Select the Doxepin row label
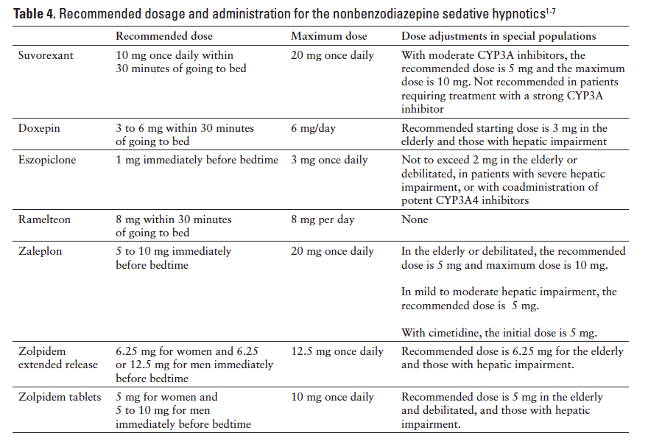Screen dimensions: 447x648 39,128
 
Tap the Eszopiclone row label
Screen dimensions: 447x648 46,161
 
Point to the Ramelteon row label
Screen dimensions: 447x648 44,219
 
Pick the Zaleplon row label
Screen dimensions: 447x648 40,251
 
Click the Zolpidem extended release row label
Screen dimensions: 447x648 57,358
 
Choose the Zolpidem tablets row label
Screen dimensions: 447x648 60,398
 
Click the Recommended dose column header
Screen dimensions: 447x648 164,36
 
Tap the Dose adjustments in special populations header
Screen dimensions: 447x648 499,36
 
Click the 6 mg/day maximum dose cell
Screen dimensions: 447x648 313,128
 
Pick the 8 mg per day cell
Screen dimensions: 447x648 322,219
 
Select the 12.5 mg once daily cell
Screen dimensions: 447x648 337,351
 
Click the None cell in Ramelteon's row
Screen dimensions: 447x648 415,219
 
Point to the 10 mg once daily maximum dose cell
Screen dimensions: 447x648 332,398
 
